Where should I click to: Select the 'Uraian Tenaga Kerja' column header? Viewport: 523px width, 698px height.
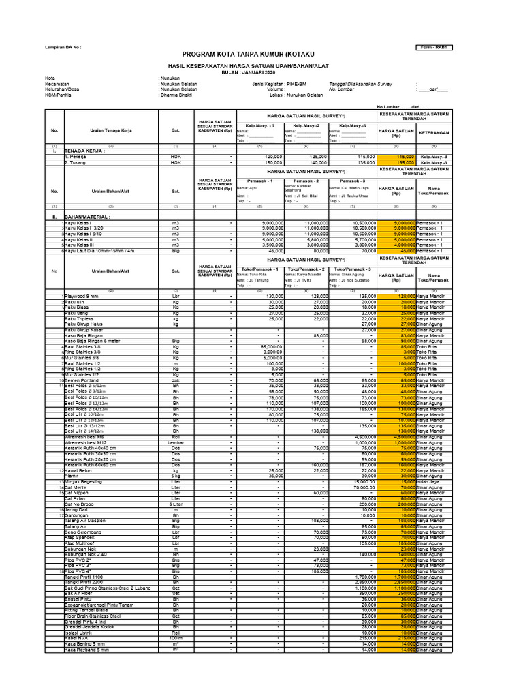110,130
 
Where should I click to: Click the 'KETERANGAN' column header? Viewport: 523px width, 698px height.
433,132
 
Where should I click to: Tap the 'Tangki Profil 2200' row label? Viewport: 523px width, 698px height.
86,581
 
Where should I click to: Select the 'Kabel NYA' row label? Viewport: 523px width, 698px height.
77,637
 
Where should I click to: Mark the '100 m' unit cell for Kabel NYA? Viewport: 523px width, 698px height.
175,637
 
